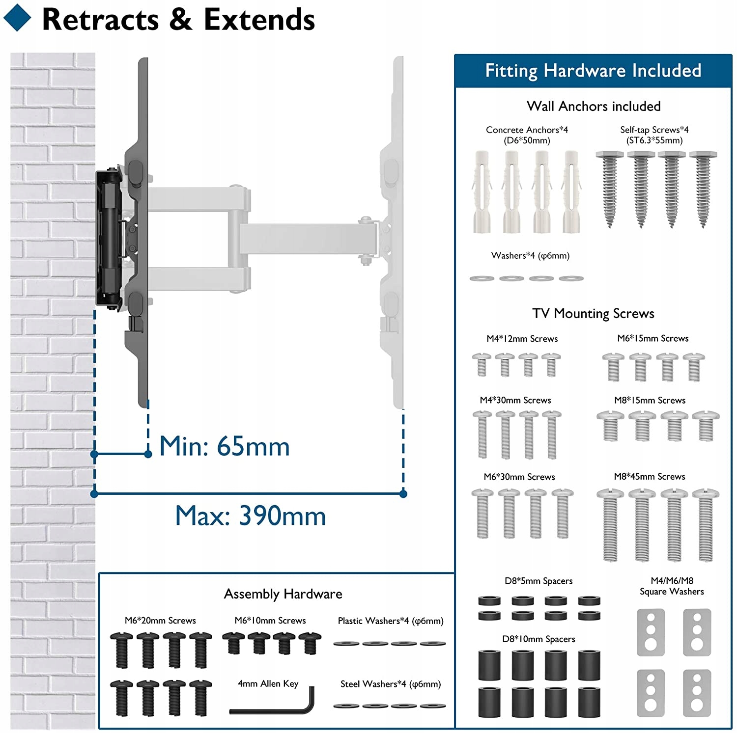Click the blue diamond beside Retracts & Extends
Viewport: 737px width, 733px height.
click(17, 18)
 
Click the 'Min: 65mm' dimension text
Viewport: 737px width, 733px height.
click(225, 446)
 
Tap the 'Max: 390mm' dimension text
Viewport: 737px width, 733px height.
click(251, 516)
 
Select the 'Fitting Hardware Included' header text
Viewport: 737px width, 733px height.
click(593, 71)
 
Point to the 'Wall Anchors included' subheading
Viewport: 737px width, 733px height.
click(594, 106)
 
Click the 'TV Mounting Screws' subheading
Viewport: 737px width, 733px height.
click(593, 313)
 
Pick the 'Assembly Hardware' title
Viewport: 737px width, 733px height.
click(283, 594)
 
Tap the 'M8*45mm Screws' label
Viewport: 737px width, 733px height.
click(649, 476)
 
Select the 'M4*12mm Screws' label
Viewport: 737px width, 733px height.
click(522, 339)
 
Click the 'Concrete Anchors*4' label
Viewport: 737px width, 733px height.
click(527, 130)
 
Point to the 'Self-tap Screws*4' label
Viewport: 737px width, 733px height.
click(654, 130)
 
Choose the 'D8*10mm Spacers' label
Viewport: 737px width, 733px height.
click(539, 639)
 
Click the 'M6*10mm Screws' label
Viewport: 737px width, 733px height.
click(270, 621)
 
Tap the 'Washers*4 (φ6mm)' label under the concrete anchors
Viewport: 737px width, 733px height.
click(530, 255)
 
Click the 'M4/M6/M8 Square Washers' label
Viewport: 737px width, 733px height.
click(672, 586)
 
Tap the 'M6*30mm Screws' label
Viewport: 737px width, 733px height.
click(519, 477)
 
